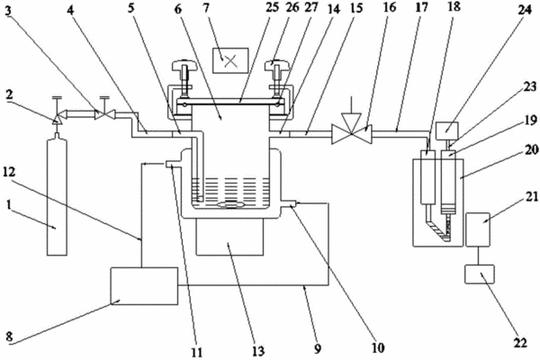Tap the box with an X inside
(230, 60)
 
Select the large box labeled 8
(144, 286)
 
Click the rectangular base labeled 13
(230, 237)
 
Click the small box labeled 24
(447, 130)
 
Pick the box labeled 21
(478, 229)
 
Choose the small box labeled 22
(480, 274)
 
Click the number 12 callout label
(9, 172)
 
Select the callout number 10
(378, 348)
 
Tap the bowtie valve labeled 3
(103, 114)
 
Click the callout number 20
(532, 148)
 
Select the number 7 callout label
(206, 7)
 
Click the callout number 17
(421, 7)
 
